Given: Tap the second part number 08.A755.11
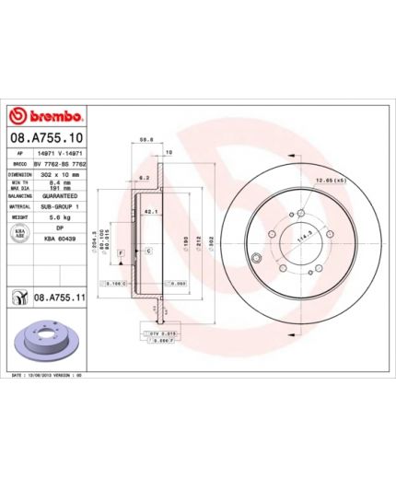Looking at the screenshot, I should click(60, 297).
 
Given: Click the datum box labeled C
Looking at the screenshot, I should click(148, 251).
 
